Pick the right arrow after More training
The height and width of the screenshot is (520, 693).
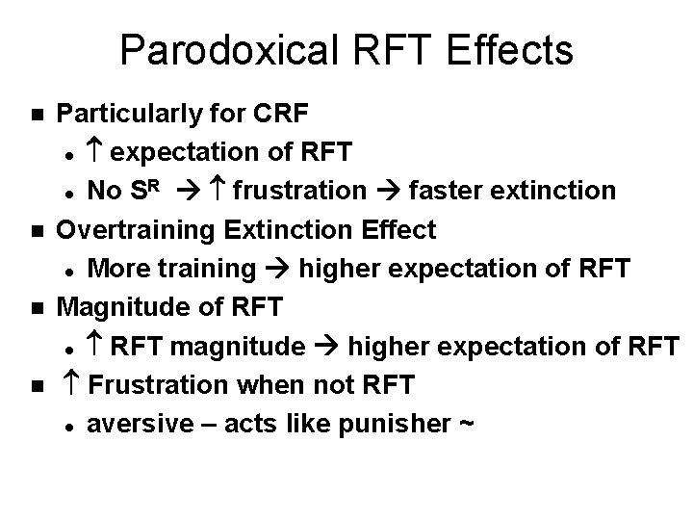click(279, 269)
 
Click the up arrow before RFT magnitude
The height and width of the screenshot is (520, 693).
click(94, 346)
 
